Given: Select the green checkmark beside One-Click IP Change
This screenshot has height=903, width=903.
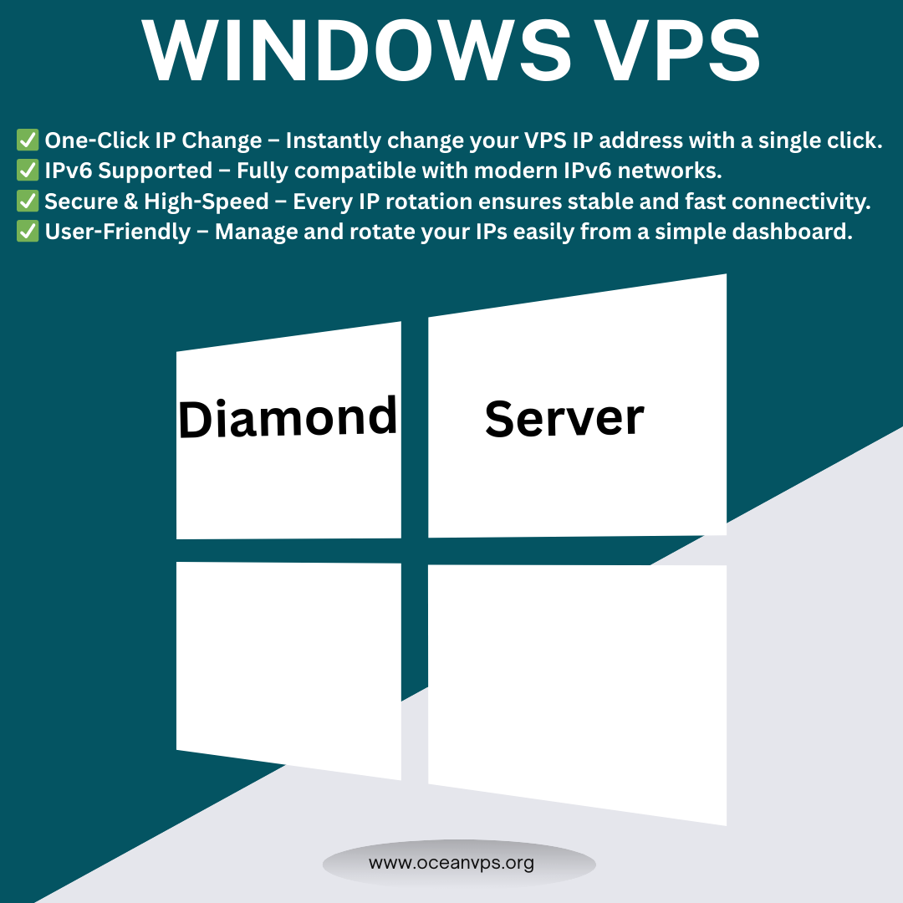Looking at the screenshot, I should coord(28,140).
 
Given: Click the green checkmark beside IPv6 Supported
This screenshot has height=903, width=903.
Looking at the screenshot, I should coord(28,171).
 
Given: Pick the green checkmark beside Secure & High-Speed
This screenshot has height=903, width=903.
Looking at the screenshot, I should coord(28,201).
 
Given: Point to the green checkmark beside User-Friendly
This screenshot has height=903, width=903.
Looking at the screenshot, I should coord(28,232).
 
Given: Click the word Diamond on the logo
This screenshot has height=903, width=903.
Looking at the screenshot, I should coord(288,418).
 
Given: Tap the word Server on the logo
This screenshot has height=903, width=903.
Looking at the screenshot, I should coord(564,418).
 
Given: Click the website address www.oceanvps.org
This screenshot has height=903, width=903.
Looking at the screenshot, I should coord(451,862).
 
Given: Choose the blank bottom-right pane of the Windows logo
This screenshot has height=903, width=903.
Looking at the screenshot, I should coord(577,690).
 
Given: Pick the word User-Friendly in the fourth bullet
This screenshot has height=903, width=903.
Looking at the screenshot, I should coord(117,232).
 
